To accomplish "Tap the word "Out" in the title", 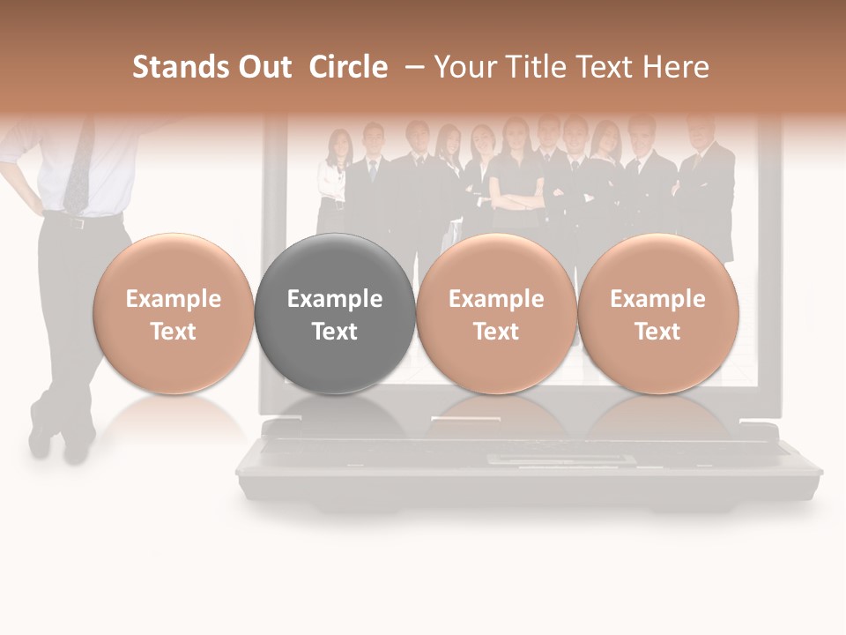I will [263, 67].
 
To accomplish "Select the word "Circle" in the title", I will [348, 67].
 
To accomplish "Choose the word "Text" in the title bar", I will [604, 67].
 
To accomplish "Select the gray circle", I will [335, 314].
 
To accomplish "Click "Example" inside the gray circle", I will [335, 299].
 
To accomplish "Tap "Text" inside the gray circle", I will [335, 332].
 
